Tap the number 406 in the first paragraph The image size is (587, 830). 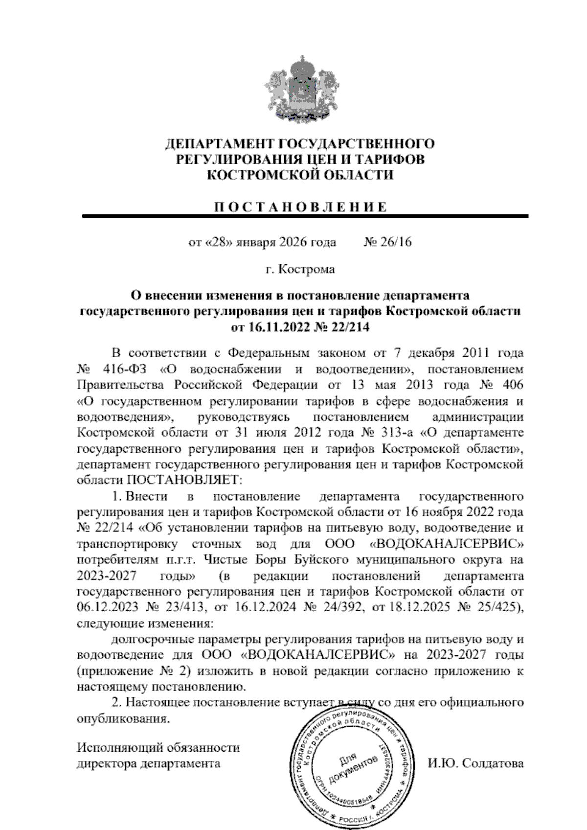coord(510,384)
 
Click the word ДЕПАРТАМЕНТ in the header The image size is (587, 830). coord(220,144)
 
